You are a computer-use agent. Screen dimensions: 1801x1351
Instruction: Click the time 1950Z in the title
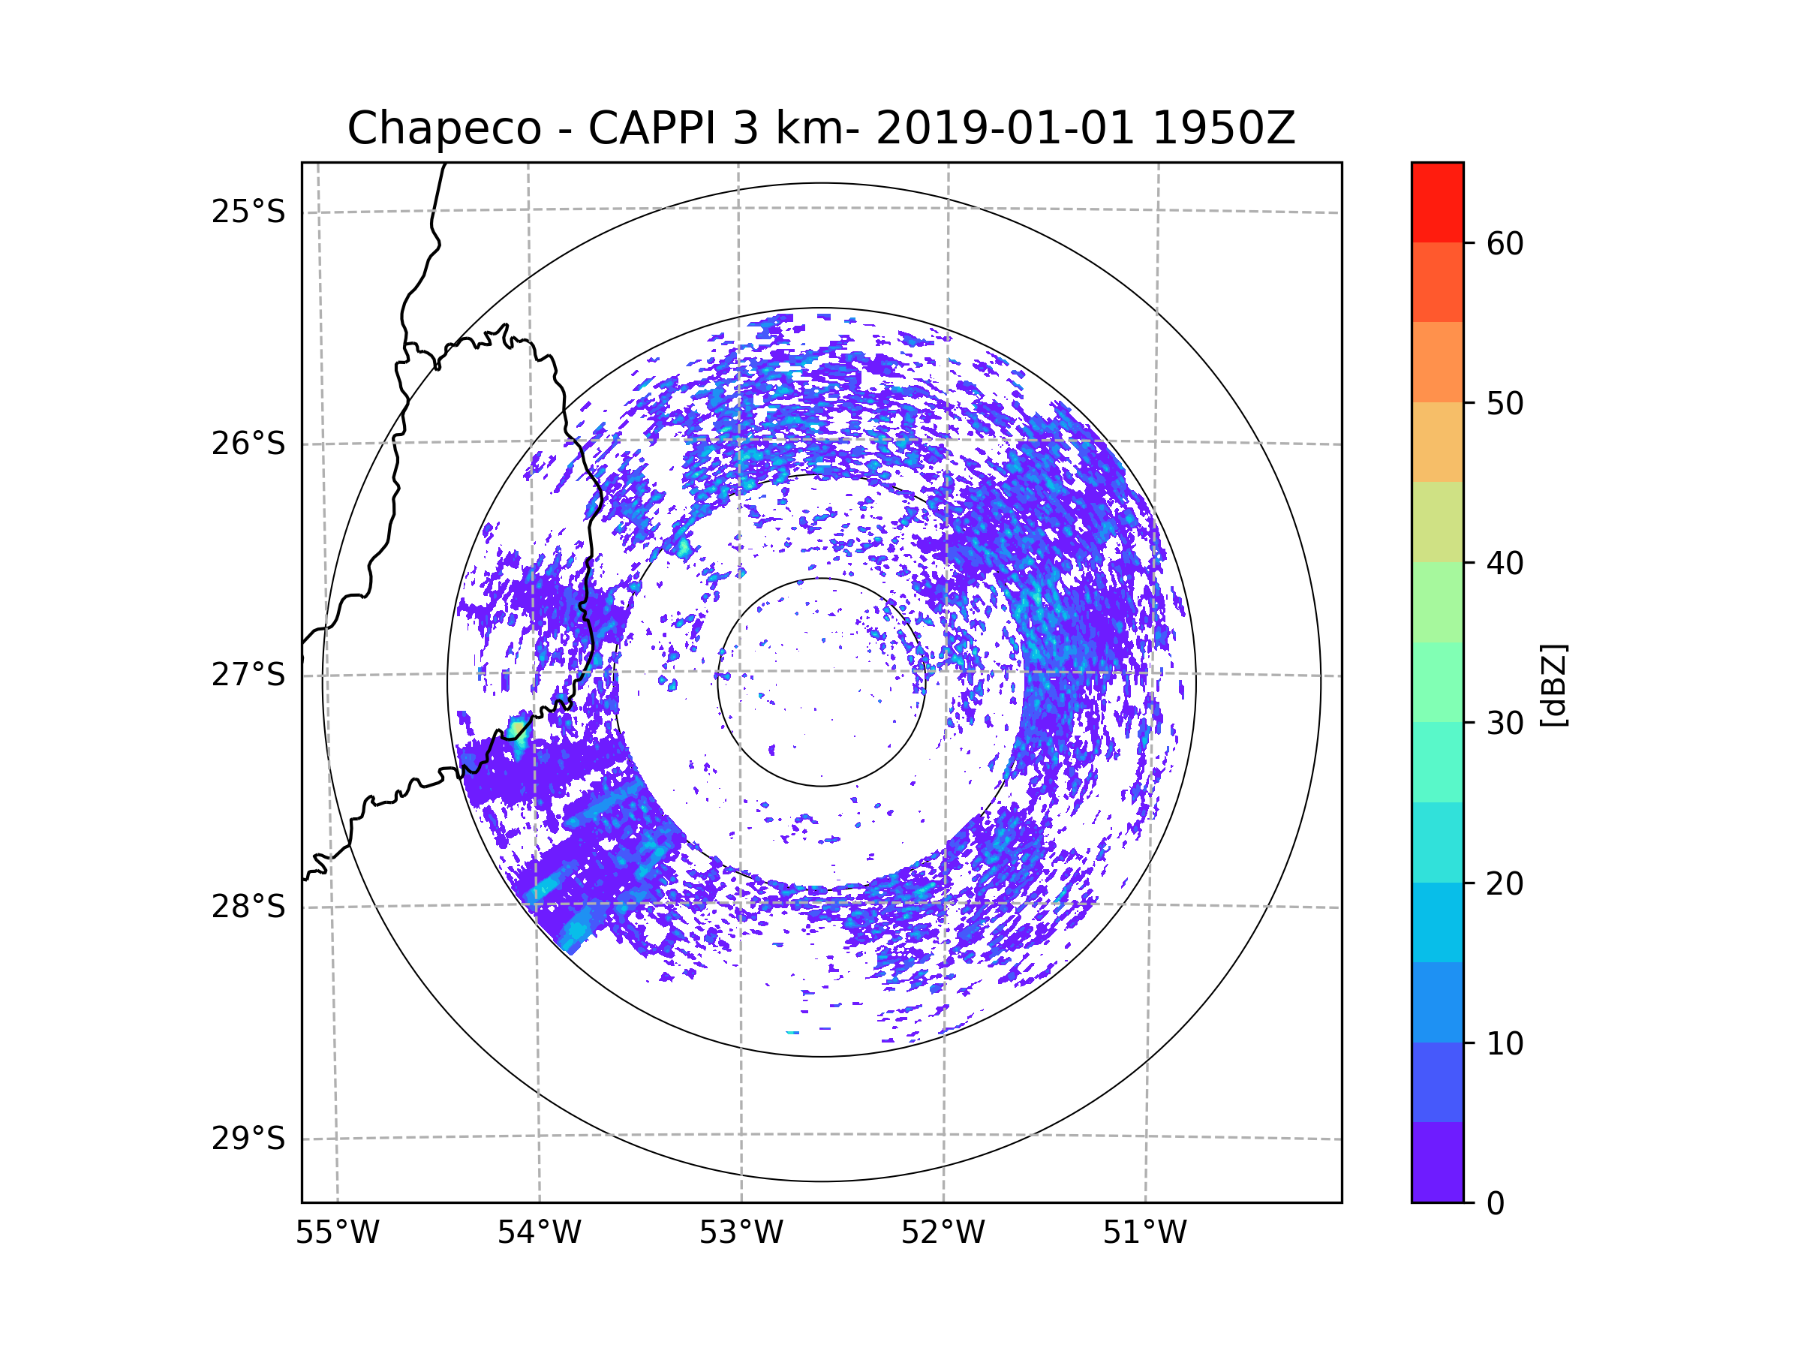pyautogui.click(x=1224, y=128)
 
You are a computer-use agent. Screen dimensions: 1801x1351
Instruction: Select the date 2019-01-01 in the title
pyautogui.click(x=1005, y=128)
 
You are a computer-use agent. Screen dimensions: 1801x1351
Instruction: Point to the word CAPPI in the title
pyautogui.click(x=653, y=128)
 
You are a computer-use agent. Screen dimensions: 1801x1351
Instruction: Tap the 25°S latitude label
pyautogui.click(x=248, y=212)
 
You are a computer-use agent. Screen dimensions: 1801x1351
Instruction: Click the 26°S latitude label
pyautogui.click(x=248, y=444)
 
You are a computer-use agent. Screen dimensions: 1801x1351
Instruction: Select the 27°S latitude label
pyautogui.click(x=248, y=675)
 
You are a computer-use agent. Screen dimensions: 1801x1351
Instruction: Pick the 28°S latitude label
pyautogui.click(x=248, y=907)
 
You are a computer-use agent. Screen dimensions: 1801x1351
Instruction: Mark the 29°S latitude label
pyautogui.click(x=248, y=1139)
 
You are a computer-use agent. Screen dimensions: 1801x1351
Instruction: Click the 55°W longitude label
pyautogui.click(x=337, y=1233)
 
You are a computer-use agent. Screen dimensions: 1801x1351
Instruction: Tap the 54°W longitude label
pyautogui.click(x=539, y=1233)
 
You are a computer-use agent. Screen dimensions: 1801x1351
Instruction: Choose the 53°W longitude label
pyautogui.click(x=741, y=1233)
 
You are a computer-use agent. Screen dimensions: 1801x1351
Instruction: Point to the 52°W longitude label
pyautogui.click(x=943, y=1233)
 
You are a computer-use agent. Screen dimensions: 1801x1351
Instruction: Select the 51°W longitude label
pyautogui.click(x=1144, y=1233)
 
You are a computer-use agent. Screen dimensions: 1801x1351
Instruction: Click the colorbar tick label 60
pyautogui.click(x=1505, y=243)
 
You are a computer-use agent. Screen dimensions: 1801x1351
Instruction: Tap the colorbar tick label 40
pyautogui.click(x=1505, y=564)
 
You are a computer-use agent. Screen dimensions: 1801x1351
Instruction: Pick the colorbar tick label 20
pyautogui.click(x=1505, y=883)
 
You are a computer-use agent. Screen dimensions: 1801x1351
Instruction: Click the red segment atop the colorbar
pyautogui.click(x=1437, y=202)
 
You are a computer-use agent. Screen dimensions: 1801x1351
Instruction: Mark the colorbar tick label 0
pyautogui.click(x=1496, y=1204)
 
